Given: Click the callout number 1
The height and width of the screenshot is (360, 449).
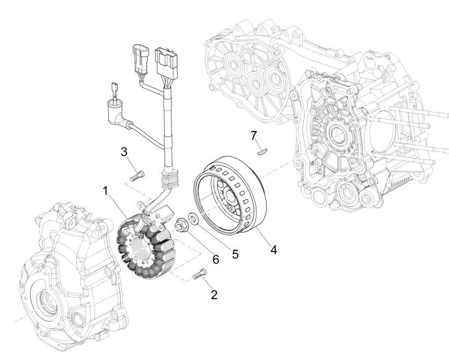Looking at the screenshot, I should (106, 192).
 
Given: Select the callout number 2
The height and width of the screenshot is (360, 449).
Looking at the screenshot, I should (214, 295).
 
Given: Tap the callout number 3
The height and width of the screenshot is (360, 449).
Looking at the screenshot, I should (123, 152).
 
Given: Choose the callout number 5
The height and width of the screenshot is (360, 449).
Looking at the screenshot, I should (235, 254).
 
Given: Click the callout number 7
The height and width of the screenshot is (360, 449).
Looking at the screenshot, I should (254, 136).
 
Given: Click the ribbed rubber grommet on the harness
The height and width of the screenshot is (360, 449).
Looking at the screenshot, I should (170, 179).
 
